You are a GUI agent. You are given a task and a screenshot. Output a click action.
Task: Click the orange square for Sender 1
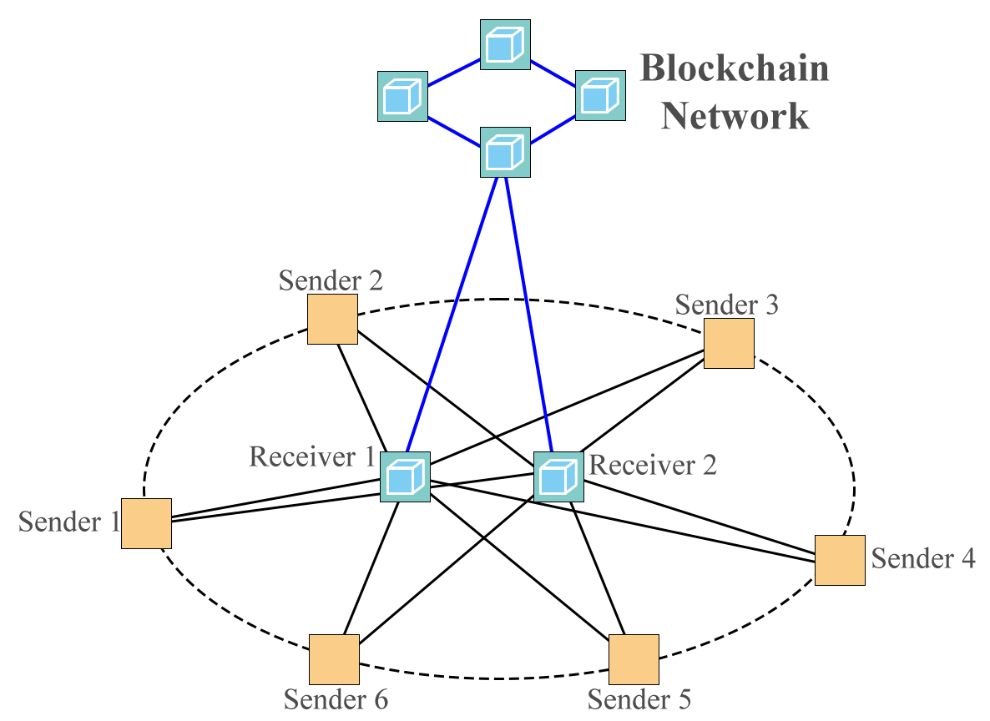click(146, 523)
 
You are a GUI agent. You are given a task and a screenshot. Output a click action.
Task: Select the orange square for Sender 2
click(332, 319)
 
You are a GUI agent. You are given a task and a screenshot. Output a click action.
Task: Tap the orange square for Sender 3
click(729, 343)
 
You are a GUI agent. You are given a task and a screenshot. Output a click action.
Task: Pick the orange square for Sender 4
click(840, 560)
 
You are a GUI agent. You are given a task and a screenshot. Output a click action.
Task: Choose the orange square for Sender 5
click(634, 659)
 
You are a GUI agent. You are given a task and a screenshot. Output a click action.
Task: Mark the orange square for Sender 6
click(334, 659)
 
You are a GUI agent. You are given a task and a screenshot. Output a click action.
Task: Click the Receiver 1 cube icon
click(405, 476)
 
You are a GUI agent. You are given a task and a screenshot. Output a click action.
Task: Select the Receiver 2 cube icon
click(558, 476)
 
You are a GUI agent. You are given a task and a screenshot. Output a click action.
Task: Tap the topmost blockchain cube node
click(505, 44)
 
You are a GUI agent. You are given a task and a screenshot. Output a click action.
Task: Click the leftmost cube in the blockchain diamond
click(402, 96)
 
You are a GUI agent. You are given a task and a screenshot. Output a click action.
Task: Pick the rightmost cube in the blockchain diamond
click(600, 94)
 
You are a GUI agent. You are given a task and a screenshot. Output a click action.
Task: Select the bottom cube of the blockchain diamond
click(505, 152)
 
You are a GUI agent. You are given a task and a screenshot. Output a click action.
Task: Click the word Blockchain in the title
click(734, 68)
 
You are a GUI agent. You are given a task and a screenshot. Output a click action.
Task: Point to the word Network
click(735, 116)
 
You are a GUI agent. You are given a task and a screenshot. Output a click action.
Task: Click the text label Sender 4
click(923, 557)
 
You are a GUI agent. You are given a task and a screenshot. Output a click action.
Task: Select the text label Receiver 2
click(652, 465)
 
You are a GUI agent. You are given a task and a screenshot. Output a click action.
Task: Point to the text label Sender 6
click(336, 698)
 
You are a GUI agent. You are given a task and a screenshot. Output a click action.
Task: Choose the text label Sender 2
click(331, 280)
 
